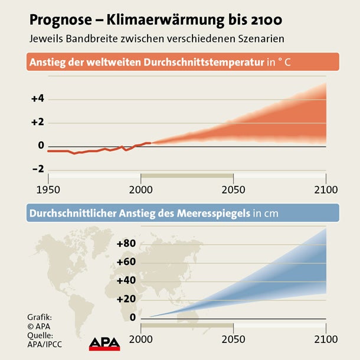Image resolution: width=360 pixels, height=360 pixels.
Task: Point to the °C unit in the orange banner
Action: click(x=283, y=62)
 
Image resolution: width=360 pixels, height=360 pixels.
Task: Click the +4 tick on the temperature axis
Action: click(x=38, y=99)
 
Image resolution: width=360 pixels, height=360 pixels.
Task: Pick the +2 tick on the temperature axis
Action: click(x=38, y=122)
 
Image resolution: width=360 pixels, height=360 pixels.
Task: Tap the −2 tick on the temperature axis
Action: click(x=38, y=169)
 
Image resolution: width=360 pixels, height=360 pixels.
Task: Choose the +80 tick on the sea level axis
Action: click(x=126, y=243)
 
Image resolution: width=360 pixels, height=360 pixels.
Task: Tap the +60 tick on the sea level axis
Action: click(x=126, y=261)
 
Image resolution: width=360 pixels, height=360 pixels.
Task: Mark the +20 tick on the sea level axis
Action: click(x=126, y=299)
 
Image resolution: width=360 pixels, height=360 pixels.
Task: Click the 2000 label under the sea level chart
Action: click(x=140, y=339)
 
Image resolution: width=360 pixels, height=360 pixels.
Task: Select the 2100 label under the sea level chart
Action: click(x=325, y=339)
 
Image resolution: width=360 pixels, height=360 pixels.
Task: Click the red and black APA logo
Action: click(x=104, y=343)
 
